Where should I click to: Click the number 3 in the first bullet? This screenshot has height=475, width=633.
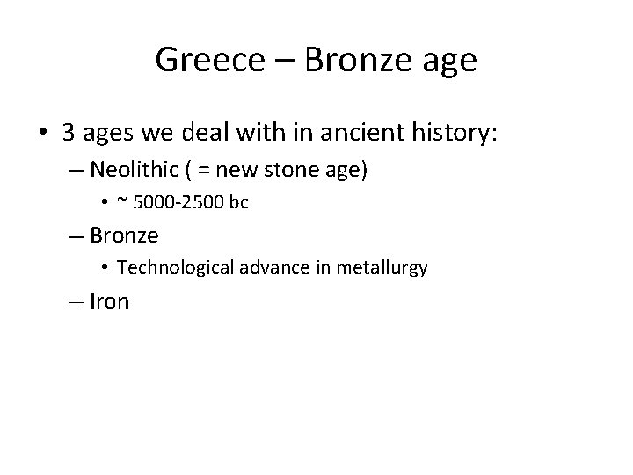[x=68, y=133]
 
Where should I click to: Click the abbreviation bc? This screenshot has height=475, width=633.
[x=238, y=202]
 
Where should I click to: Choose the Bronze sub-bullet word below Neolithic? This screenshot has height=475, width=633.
[x=124, y=235]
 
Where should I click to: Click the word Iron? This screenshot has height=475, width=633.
[x=110, y=302]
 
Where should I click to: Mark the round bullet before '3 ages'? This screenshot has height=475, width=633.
[x=40, y=134]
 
